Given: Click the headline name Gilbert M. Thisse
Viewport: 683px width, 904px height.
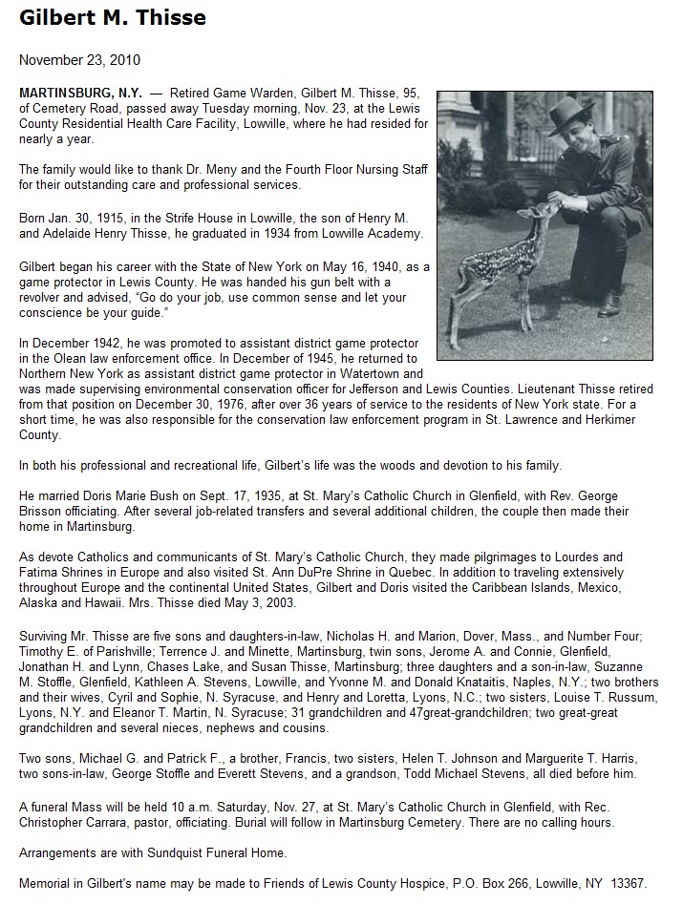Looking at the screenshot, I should click(x=113, y=18).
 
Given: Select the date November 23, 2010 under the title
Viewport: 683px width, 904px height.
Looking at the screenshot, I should click(x=79, y=60).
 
